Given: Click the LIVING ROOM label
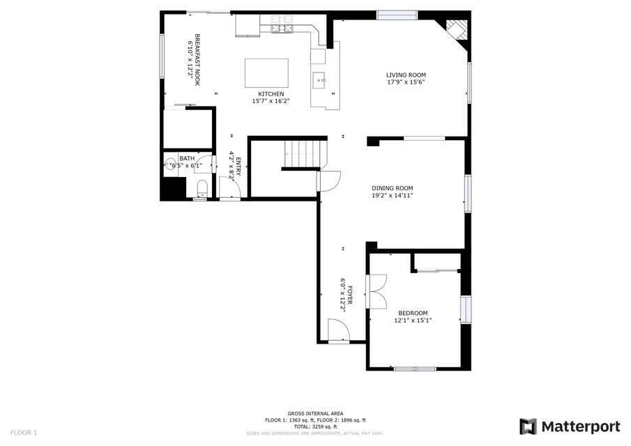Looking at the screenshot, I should point(406,75).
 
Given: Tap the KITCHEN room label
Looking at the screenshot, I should point(271,94).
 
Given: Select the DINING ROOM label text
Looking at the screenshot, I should point(392,188).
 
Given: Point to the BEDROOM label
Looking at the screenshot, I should point(412,313).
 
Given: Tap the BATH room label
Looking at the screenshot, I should point(187,159).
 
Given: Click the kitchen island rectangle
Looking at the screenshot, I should point(266,72).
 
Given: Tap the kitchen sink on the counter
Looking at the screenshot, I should point(321,79).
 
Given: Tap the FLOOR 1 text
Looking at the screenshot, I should point(24,433).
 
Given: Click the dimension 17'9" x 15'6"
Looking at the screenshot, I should point(406,82).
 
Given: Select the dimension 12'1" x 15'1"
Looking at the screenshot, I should point(412,321).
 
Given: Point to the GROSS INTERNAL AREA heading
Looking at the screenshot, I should point(315,413).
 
